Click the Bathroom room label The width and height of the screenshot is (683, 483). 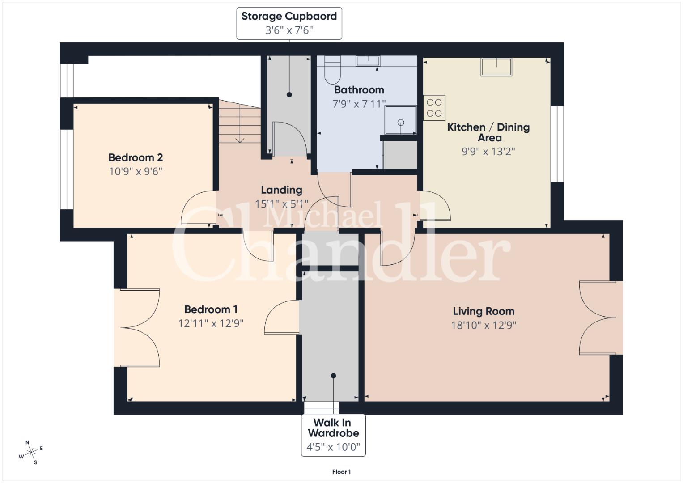(359, 90)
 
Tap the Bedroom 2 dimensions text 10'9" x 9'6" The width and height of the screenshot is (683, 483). (136, 171)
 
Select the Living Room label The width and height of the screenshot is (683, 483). (484, 311)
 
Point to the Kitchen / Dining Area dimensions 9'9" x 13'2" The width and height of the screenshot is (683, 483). (488, 151)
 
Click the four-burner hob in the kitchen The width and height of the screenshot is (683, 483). (434, 108)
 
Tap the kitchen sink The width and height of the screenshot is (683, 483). (496, 67)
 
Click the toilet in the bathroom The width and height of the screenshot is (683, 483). (332, 70)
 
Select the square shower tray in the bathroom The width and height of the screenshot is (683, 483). (401, 120)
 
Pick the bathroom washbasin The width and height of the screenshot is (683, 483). (368, 61)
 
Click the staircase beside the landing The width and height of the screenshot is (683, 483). (240, 121)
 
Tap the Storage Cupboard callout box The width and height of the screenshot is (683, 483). (289, 23)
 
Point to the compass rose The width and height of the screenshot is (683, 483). (31, 453)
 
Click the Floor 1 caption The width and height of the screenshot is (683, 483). (342, 472)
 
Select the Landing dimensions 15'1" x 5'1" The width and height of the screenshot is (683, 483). (281, 203)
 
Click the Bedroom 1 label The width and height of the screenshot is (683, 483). (211, 309)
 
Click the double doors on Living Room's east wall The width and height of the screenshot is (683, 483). (597, 318)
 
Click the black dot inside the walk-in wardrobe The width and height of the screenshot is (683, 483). (333, 376)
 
